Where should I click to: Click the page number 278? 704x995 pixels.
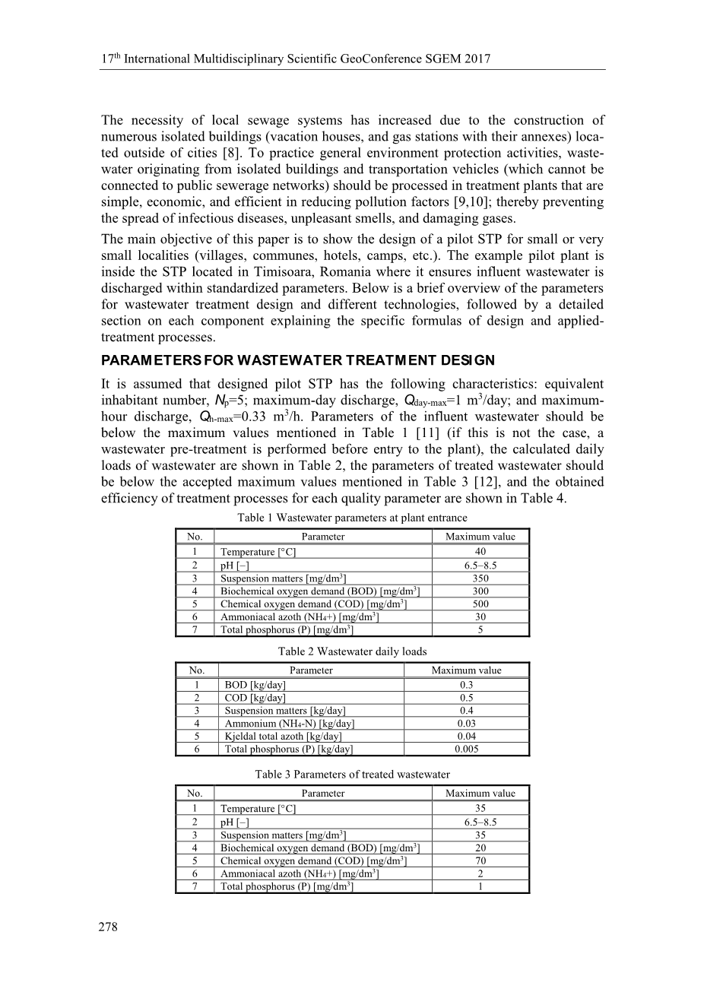coord(109,927)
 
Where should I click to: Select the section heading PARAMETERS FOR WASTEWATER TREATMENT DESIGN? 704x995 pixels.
coord(298,360)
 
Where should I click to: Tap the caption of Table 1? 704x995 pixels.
coord(352,518)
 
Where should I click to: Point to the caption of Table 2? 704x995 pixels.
coord(352,651)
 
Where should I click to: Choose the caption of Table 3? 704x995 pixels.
coord(352,775)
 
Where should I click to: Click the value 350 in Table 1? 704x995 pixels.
coord(480,578)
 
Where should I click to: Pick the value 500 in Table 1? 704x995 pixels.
coord(480,604)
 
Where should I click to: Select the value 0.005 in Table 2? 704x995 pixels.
coord(467,749)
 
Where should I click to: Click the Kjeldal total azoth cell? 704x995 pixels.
coord(283,736)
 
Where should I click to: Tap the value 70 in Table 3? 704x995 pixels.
coord(480,860)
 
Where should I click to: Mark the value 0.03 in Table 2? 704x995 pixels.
coord(467,724)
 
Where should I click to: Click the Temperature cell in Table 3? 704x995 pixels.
coord(258,809)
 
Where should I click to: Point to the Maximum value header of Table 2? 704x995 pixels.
coord(467,670)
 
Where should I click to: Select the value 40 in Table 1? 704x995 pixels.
coord(480,552)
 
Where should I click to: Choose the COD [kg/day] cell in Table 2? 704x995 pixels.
coord(255,698)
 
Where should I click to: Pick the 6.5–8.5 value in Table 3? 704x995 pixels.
coord(480,822)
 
